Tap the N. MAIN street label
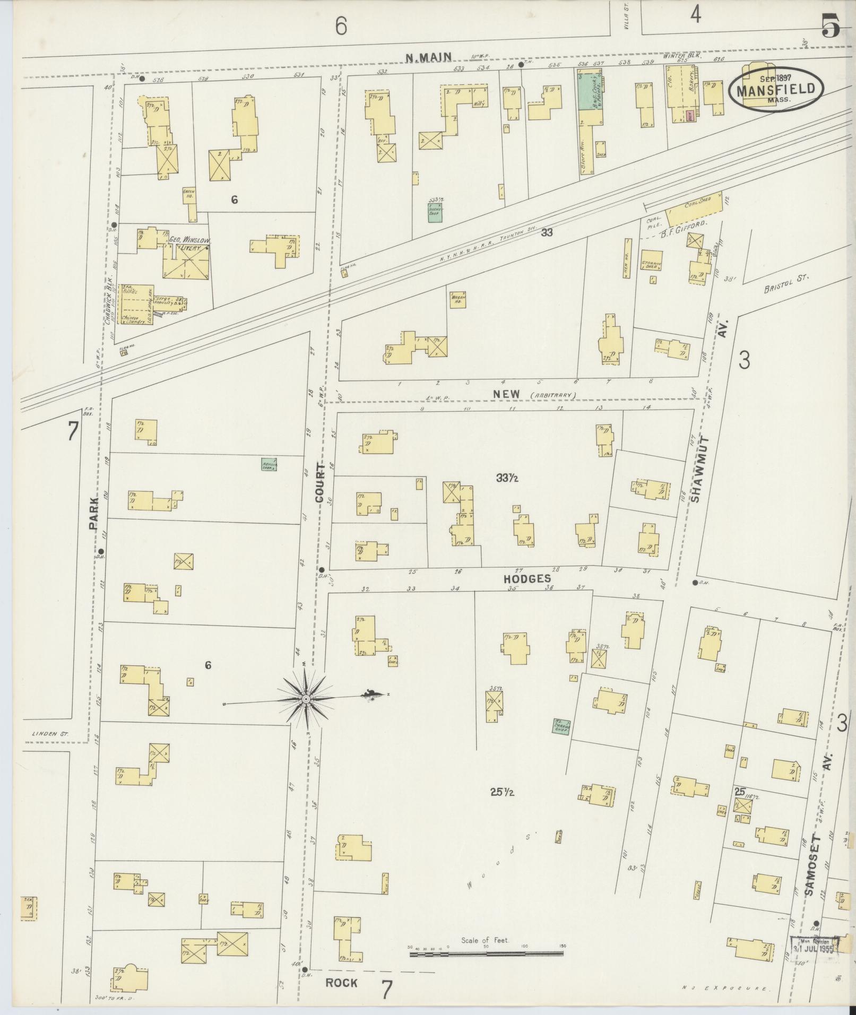(x=428, y=57)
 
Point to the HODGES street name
(x=528, y=579)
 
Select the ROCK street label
(x=341, y=983)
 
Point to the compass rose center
(x=306, y=700)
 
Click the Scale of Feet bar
(x=485, y=954)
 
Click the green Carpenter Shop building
(x=561, y=726)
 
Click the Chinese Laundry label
(x=135, y=318)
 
